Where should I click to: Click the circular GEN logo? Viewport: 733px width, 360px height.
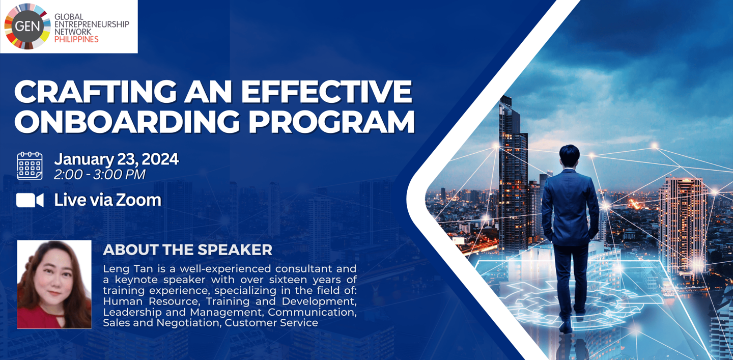pos(27,26)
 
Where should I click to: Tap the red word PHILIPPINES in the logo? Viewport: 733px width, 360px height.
pos(76,39)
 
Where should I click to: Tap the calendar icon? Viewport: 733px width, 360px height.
pos(30,165)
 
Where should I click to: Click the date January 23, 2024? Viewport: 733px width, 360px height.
pos(117,159)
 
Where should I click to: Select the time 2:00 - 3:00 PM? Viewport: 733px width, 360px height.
pos(99,175)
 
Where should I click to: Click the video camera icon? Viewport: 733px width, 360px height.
pos(30,200)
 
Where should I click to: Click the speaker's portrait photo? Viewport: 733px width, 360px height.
pos(54,285)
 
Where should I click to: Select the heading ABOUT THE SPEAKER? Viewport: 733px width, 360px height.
pos(187,250)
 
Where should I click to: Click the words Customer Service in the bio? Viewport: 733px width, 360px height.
pos(271,323)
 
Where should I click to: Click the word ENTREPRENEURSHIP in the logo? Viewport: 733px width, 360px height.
pos(92,24)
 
